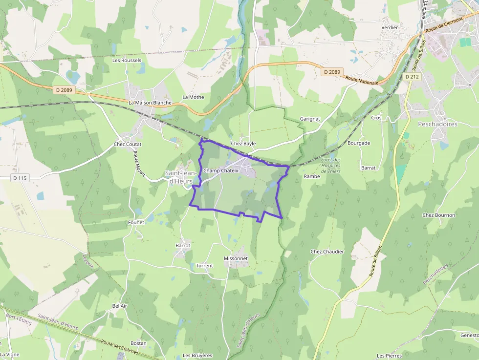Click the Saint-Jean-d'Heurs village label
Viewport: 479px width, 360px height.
180,177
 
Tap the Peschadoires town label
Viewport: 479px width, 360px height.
437,124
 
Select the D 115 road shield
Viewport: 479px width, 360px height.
20,178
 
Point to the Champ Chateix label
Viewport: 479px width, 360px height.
221,170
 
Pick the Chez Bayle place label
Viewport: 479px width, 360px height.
243,144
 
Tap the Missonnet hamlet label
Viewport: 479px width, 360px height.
236,258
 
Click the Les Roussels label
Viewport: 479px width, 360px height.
127,61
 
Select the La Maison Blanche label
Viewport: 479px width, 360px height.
150,103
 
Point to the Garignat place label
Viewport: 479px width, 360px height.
310,119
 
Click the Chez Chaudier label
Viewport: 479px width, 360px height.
327,252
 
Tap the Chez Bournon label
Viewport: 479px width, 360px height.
438,215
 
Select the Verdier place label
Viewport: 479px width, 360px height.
390,27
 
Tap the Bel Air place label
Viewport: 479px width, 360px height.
119,305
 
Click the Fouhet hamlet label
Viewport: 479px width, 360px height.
136,222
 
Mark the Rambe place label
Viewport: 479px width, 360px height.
311,176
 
